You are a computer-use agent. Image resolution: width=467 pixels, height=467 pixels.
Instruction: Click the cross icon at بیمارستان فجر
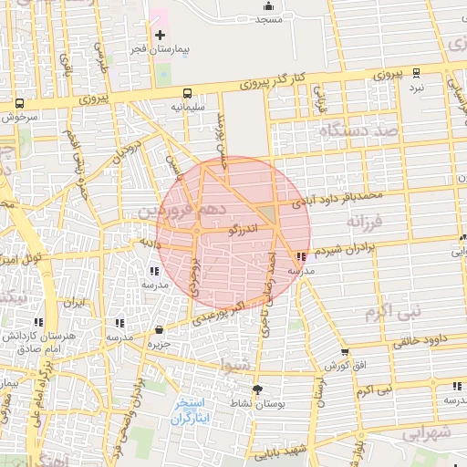tap(161, 35)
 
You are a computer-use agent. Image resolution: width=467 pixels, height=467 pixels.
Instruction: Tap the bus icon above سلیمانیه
tap(187, 93)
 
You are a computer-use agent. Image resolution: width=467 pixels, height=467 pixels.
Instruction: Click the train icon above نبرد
tap(417, 73)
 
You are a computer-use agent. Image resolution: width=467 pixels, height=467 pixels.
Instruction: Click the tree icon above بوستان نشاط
tap(256, 389)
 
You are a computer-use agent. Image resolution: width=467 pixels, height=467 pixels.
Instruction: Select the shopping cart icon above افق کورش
tap(344, 352)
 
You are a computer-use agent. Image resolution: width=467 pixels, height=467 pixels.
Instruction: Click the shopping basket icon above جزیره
tap(160, 330)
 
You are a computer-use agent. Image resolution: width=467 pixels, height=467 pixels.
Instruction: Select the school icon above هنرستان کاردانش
tap(38, 322)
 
